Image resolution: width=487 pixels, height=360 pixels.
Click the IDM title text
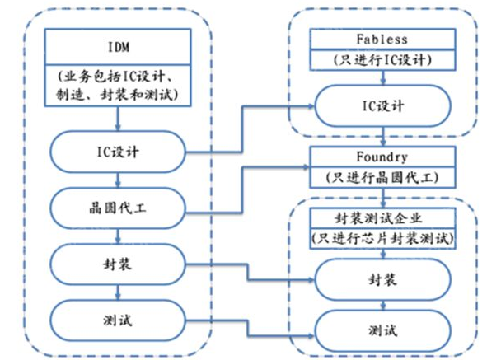point(119,47)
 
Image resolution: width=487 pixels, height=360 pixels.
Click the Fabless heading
point(382,40)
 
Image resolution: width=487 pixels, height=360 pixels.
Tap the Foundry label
point(382,157)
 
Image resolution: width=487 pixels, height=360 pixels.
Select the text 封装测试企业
point(378,218)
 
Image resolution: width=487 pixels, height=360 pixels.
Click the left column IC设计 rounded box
point(118,152)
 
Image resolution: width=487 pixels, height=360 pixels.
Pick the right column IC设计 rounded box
point(382,106)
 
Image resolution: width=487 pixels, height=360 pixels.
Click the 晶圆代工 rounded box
point(118,208)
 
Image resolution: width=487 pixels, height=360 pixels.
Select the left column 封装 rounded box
point(118,264)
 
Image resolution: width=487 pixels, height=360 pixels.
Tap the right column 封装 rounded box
point(382,279)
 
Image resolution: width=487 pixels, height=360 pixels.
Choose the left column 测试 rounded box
point(118,320)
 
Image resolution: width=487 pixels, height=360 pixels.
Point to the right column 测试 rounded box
point(382,330)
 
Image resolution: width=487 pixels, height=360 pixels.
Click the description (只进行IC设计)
point(382,59)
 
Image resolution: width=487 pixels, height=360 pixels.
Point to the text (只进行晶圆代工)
point(382,177)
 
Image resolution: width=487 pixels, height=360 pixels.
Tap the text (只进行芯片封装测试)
point(382,239)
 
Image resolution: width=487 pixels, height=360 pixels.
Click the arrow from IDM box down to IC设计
point(118,119)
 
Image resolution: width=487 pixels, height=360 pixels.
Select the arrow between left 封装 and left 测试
point(118,292)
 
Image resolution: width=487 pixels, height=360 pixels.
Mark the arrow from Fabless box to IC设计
point(383,77)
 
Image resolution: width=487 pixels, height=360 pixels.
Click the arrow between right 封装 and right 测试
point(383,305)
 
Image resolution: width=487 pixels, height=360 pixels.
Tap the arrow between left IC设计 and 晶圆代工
point(118,180)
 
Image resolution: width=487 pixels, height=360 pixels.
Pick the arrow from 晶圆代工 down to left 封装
point(118,236)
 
